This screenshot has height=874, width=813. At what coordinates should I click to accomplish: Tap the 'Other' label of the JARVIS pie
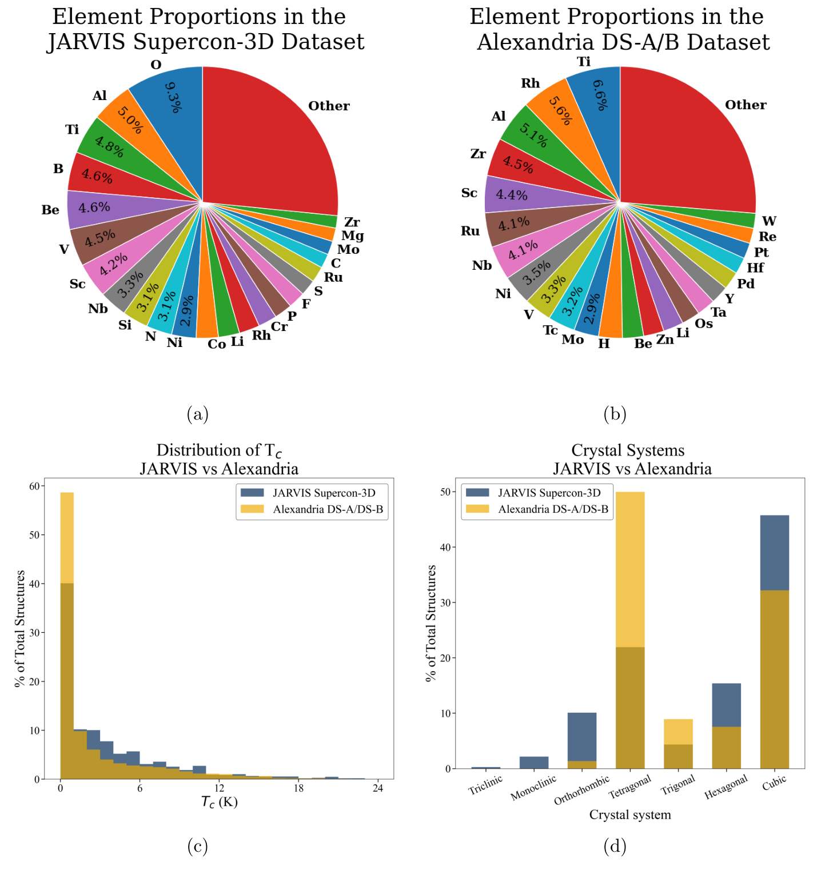click(x=329, y=106)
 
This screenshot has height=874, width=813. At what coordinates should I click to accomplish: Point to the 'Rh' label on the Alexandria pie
click(x=530, y=83)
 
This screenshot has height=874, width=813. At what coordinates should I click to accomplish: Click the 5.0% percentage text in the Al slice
click(x=130, y=119)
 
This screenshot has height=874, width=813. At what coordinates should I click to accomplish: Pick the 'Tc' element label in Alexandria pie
click(x=550, y=330)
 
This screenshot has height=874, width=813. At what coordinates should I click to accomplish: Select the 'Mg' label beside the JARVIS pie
click(x=352, y=236)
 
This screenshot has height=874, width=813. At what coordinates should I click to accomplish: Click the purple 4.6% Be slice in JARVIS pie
click(x=94, y=207)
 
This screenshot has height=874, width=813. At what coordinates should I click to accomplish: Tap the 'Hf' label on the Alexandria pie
click(x=755, y=268)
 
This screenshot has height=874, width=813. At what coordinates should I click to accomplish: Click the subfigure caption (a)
click(x=198, y=414)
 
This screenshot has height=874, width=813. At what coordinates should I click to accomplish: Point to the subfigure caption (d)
click(x=615, y=846)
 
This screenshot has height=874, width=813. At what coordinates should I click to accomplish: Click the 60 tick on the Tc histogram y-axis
click(x=34, y=486)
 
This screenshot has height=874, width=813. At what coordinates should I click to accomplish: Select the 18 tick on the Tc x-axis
click(x=298, y=788)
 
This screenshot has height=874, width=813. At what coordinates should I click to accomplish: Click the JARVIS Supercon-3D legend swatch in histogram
click(x=252, y=493)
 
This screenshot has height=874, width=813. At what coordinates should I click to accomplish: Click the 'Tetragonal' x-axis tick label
click(x=629, y=788)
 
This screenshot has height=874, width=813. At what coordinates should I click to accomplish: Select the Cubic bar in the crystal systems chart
click(x=774, y=640)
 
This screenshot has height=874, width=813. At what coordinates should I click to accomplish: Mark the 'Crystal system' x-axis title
click(x=629, y=815)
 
